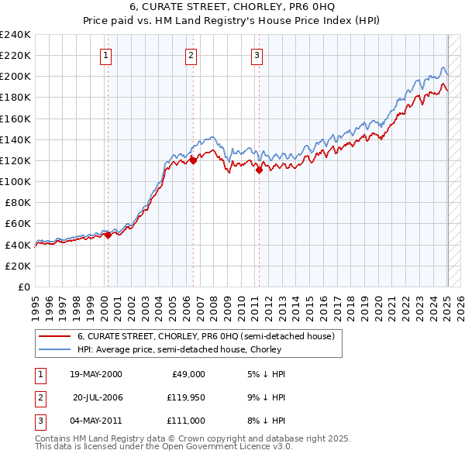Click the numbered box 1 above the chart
(105, 55)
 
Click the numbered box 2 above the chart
(191, 55)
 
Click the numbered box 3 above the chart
(257, 55)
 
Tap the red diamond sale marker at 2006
(194, 160)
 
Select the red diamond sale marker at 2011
(260, 170)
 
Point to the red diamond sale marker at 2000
(108, 235)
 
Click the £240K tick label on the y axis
(15, 35)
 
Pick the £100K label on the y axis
(15, 181)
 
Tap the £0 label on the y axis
(23, 287)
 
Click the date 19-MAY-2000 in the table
(96, 374)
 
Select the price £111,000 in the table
(184, 421)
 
